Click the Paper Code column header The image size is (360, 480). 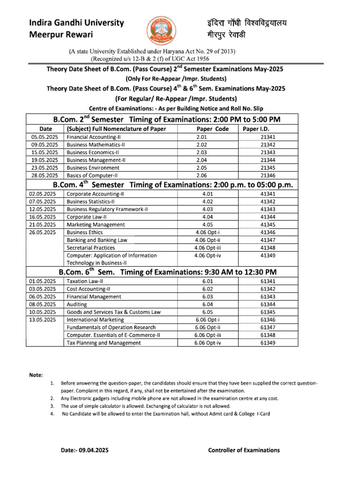click(212, 129)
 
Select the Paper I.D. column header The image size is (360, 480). click(256, 129)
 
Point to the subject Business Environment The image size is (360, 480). click(93, 167)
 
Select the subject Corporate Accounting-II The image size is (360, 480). click(95, 194)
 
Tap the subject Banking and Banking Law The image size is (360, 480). click(97, 240)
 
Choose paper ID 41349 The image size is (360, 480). click(267, 255)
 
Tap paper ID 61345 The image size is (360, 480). click(267, 312)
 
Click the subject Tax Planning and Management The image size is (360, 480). click(104, 343)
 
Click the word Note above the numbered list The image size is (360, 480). click(36, 375)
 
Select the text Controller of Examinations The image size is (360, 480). click(244, 450)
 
